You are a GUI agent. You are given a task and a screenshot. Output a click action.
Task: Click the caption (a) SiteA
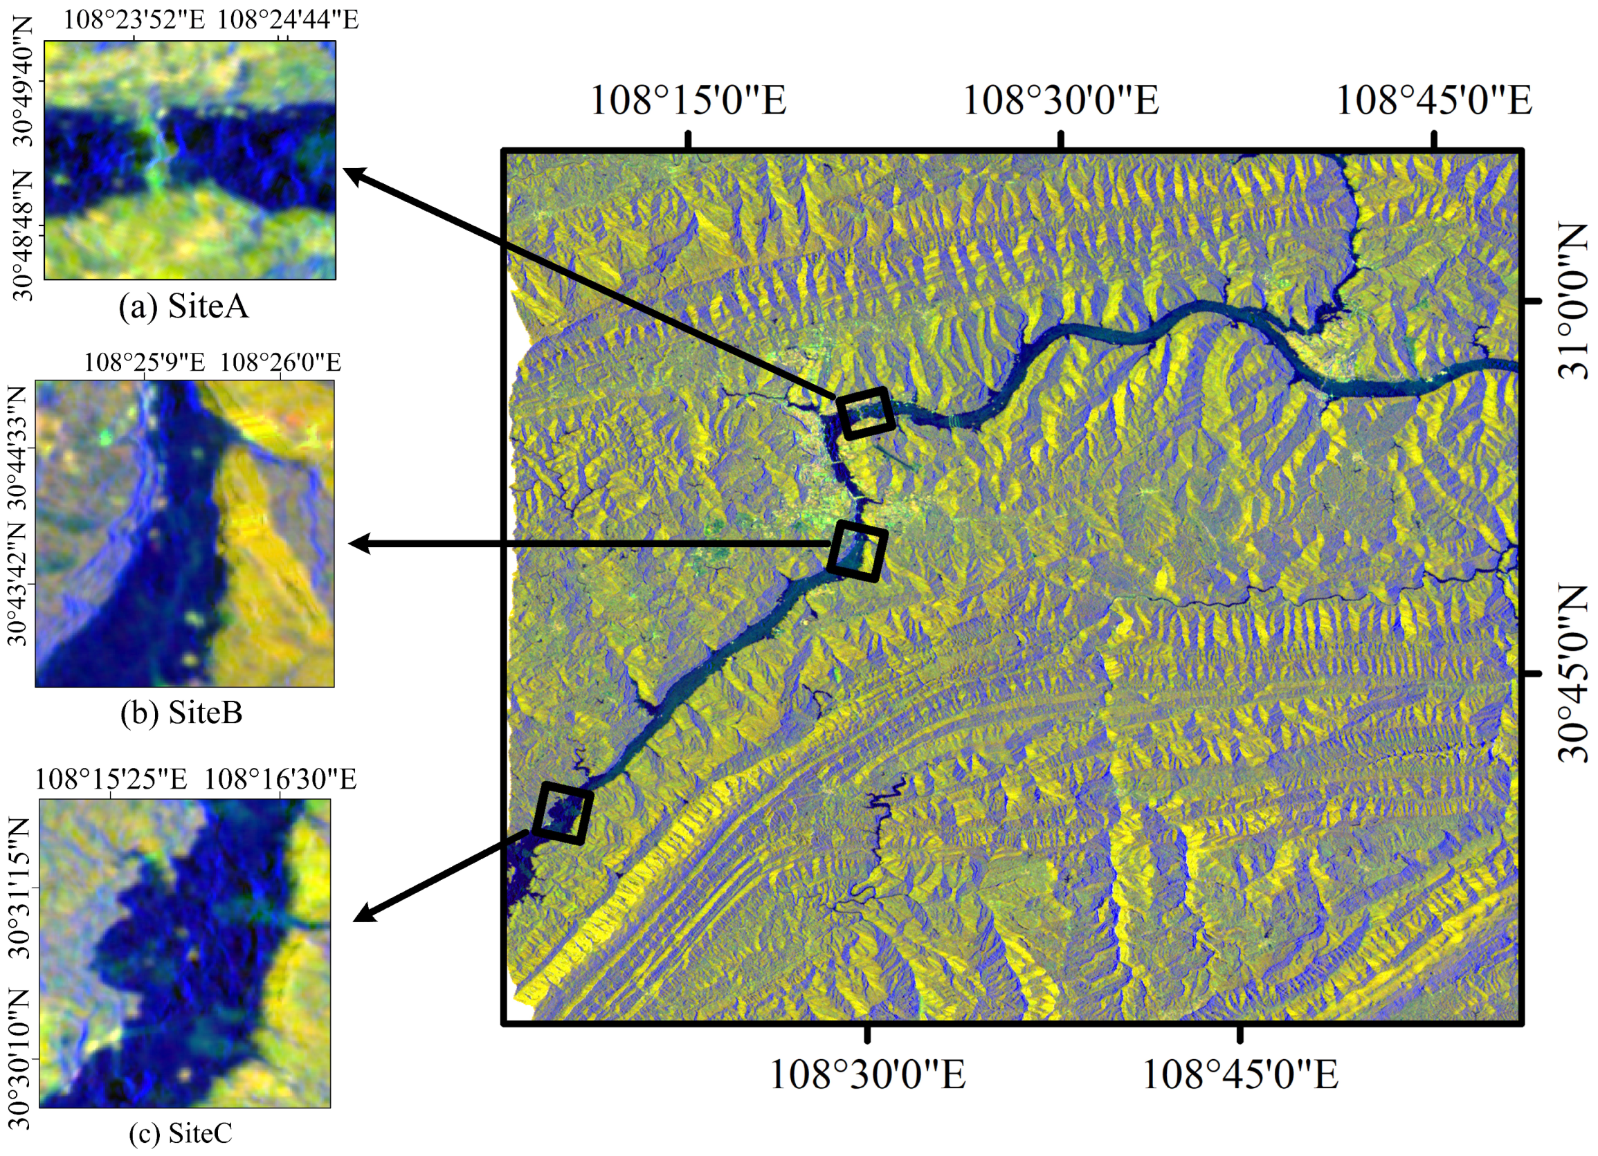tap(184, 307)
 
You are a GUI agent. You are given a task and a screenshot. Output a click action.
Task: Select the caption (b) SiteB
tap(182, 713)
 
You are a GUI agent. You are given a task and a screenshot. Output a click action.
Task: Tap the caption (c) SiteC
tap(181, 1132)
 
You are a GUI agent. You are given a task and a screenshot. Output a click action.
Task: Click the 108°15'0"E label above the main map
tap(688, 100)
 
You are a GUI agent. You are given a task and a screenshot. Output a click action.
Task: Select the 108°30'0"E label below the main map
tap(867, 1075)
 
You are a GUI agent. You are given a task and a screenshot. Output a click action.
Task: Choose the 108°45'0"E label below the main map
tap(1240, 1075)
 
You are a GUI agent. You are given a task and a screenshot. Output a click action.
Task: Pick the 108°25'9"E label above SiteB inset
tap(145, 363)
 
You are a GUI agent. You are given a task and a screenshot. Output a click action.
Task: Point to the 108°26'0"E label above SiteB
tap(280, 363)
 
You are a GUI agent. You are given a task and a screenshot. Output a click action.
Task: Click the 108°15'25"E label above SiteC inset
tap(111, 779)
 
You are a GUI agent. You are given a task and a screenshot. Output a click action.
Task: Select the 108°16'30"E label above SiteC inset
tap(280, 779)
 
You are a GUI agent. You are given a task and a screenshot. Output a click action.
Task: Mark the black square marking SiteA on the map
tap(865, 412)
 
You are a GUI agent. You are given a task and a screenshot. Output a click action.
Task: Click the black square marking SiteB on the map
tap(857, 551)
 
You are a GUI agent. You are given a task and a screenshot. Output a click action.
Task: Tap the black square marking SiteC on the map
tap(562, 813)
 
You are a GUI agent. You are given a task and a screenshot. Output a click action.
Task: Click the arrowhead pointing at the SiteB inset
tap(358, 544)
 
